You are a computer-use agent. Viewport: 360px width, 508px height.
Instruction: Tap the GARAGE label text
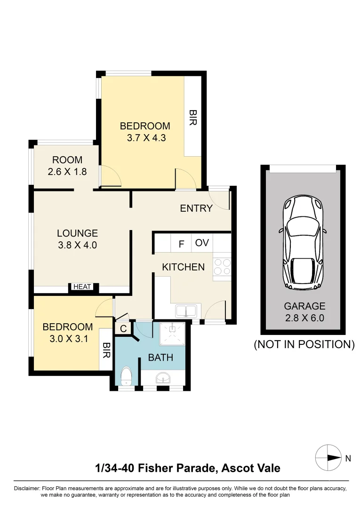[305, 306]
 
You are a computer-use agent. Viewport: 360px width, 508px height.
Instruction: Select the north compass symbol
[328, 457]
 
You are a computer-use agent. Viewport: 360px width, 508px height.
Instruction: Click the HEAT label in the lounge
[82, 287]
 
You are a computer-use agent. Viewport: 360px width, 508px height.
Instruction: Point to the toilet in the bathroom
[126, 377]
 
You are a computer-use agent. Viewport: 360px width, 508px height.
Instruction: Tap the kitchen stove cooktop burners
[222, 267]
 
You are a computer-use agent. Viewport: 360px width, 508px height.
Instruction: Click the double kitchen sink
[187, 310]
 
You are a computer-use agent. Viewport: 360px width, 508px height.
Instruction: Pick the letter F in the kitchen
[181, 244]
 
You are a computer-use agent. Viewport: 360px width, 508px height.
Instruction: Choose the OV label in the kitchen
[202, 243]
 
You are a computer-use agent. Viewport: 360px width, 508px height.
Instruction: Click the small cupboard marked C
[123, 329]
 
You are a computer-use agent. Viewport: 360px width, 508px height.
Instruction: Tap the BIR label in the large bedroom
[192, 118]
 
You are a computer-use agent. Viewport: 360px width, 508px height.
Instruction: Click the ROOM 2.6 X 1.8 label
[67, 166]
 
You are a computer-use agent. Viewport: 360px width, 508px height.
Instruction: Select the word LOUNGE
[77, 233]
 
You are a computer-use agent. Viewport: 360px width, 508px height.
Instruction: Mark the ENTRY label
[196, 208]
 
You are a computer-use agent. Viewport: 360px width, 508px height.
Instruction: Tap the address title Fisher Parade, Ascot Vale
[187, 468]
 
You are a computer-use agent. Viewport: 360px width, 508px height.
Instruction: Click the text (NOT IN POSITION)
[304, 344]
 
